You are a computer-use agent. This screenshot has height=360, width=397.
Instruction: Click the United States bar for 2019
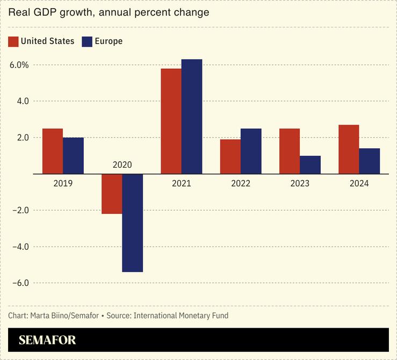click(x=53, y=151)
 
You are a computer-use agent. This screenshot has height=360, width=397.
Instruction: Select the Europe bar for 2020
click(x=133, y=222)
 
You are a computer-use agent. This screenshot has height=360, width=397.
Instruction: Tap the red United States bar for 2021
click(x=171, y=121)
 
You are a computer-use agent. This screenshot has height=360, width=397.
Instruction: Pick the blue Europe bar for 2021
click(x=192, y=116)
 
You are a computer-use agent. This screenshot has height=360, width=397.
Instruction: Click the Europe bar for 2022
click(x=251, y=151)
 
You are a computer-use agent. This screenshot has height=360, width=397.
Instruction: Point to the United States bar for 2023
click(x=290, y=151)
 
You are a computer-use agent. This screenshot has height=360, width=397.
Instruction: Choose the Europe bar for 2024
click(x=369, y=161)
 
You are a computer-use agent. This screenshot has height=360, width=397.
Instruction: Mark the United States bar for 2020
click(x=112, y=193)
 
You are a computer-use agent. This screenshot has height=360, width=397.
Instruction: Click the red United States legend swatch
click(x=13, y=41)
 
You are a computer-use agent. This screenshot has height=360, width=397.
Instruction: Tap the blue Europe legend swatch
click(x=87, y=41)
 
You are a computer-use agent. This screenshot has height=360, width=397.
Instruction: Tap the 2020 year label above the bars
click(x=122, y=165)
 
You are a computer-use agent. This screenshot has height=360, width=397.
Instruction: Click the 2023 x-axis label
click(x=300, y=183)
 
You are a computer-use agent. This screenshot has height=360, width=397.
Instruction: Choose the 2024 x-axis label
click(x=359, y=183)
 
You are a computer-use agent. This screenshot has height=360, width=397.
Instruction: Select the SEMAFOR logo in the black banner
click(x=47, y=340)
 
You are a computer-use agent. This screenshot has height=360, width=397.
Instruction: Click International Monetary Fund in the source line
click(x=181, y=315)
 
